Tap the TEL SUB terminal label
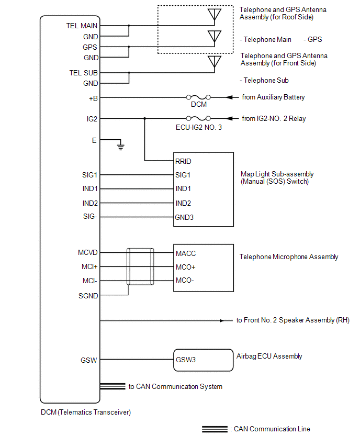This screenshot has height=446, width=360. tap(83, 73)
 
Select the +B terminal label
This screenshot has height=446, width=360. tap(93, 97)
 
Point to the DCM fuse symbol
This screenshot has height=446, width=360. tap(199, 97)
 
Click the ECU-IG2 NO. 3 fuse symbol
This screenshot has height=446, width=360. tap(199, 119)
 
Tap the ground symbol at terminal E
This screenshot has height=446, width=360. tap(121, 147)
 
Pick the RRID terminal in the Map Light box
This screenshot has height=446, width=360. tap(184, 161)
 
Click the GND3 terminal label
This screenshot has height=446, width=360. tap(185, 217)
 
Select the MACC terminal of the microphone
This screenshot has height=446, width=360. tap(186, 253)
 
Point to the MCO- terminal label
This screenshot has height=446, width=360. tap(185, 281)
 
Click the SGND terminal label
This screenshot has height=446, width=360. tap(87, 296)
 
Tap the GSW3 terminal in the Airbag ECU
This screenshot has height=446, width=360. tap(186, 360)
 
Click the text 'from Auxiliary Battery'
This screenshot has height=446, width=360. tap(273, 97)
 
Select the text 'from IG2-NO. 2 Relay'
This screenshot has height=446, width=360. tap(274, 119)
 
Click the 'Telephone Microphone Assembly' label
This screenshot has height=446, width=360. tap(289, 257)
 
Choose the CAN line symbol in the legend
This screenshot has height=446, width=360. tap(215, 429)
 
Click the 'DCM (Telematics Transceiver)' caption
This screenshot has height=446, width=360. tap(86, 412)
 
